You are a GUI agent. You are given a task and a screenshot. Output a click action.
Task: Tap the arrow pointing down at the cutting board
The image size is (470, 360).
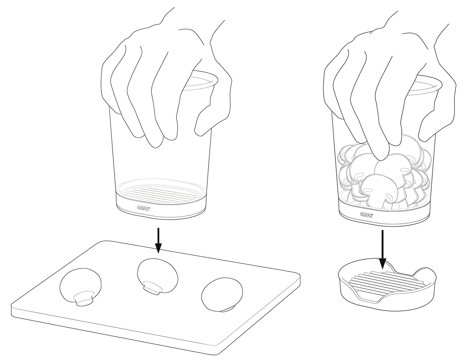point(158,240)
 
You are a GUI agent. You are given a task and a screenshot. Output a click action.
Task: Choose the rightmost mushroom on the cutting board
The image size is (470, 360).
point(222,295)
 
